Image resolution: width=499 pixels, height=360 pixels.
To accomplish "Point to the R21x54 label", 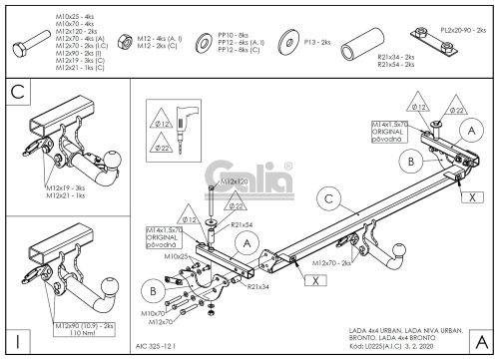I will pyautogui.click(x=244, y=225).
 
